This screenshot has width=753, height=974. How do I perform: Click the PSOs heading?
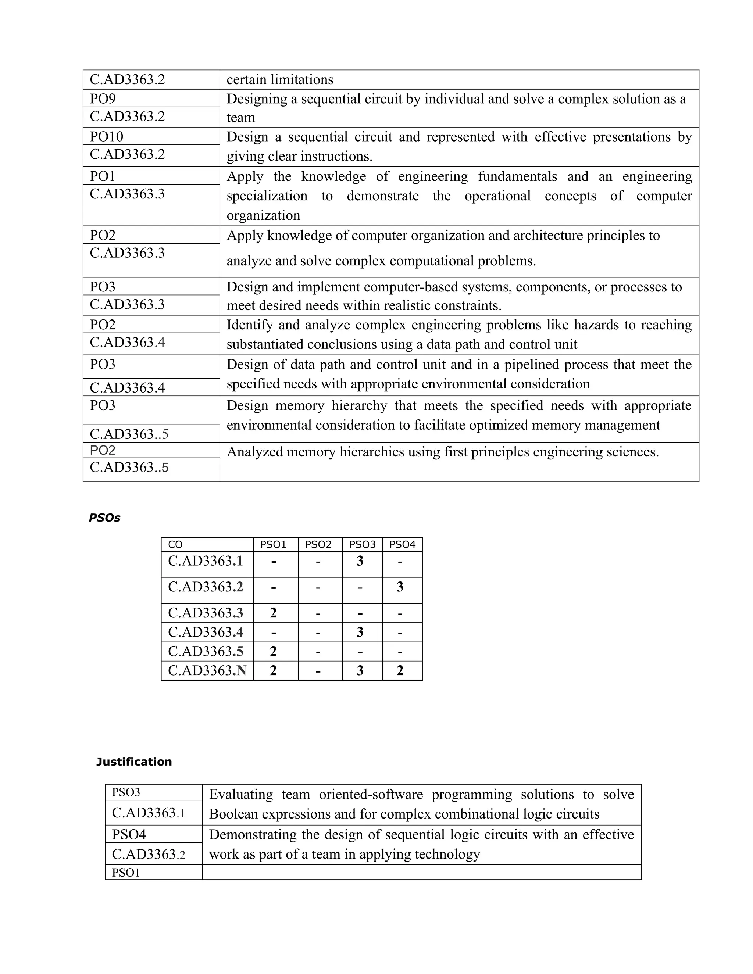pyautogui.click(x=104, y=518)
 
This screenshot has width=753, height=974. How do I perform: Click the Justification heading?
pyautogui.click(x=134, y=761)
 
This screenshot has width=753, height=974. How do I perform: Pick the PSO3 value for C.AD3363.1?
pyautogui.click(x=360, y=561)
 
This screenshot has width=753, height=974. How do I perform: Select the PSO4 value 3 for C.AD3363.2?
pyautogui.click(x=400, y=587)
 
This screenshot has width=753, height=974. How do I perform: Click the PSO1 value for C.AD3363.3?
pyautogui.click(x=274, y=613)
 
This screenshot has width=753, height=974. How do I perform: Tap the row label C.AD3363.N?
pyautogui.click(x=207, y=670)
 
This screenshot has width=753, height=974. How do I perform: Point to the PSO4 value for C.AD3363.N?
pyautogui.click(x=400, y=670)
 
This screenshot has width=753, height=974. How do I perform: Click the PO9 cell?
pyautogui.click(x=103, y=99)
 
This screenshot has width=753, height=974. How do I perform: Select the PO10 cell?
pyautogui.click(x=106, y=136)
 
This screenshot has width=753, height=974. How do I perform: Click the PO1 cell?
pyautogui.click(x=103, y=176)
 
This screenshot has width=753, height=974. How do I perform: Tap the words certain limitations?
pyautogui.click(x=280, y=80)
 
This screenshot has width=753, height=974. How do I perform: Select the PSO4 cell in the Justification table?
pyautogui.click(x=129, y=834)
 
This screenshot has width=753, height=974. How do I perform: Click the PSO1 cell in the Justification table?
pyautogui.click(x=126, y=873)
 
